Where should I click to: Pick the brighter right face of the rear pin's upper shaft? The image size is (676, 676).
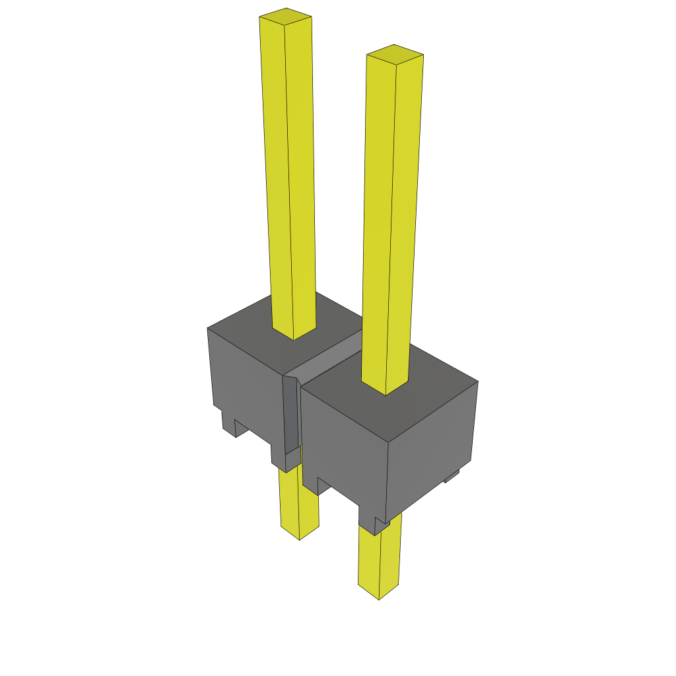click(x=300, y=172)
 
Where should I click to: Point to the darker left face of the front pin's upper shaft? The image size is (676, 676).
click(x=380, y=218)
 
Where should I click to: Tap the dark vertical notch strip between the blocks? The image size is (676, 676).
click(x=291, y=416)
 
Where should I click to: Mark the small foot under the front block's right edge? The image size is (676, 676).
click(x=452, y=476)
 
